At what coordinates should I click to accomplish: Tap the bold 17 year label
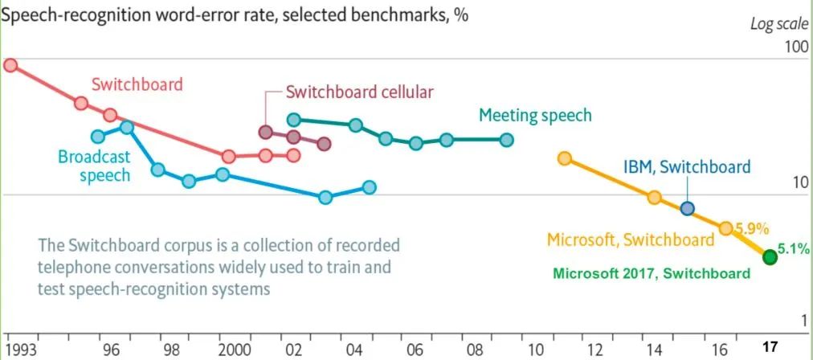(x=770, y=348)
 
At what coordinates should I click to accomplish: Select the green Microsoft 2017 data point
(x=770, y=257)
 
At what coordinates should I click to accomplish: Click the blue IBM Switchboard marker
(x=687, y=208)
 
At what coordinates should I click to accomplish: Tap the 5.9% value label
(x=752, y=227)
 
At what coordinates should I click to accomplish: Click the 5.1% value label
(x=793, y=249)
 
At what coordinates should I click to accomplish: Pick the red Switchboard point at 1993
(x=10, y=64)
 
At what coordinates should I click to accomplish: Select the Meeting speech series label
(x=535, y=115)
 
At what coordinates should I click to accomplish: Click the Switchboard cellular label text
(x=359, y=91)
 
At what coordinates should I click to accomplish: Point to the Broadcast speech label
(x=93, y=166)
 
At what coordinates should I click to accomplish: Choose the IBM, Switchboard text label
(x=687, y=167)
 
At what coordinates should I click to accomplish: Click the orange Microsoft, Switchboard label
(x=630, y=239)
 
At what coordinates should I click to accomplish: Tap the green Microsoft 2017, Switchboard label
(x=651, y=273)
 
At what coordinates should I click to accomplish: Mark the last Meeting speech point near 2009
(x=506, y=139)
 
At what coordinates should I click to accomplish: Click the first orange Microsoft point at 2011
(x=565, y=158)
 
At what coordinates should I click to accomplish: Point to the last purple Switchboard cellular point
(x=324, y=144)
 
